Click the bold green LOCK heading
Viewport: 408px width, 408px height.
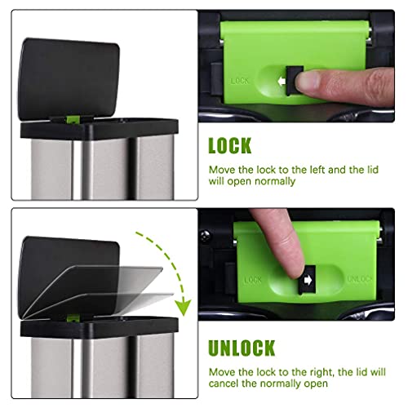point(230,146)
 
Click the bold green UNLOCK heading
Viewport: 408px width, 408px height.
point(242,348)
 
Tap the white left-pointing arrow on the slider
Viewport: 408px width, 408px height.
point(282,81)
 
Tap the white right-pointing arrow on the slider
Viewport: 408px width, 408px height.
point(308,280)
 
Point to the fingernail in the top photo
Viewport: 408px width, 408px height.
point(308,81)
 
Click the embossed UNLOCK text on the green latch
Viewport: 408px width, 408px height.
point(360,279)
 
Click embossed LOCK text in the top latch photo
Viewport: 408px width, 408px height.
point(239,81)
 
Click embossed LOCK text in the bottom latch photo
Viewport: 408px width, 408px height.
point(253,280)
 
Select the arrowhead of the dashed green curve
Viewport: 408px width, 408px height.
point(184,308)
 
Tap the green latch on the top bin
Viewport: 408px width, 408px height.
point(73,119)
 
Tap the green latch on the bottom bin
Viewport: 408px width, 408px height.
point(73,318)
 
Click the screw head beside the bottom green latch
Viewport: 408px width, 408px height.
point(205,236)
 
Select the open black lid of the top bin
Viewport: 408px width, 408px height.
point(69,79)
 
